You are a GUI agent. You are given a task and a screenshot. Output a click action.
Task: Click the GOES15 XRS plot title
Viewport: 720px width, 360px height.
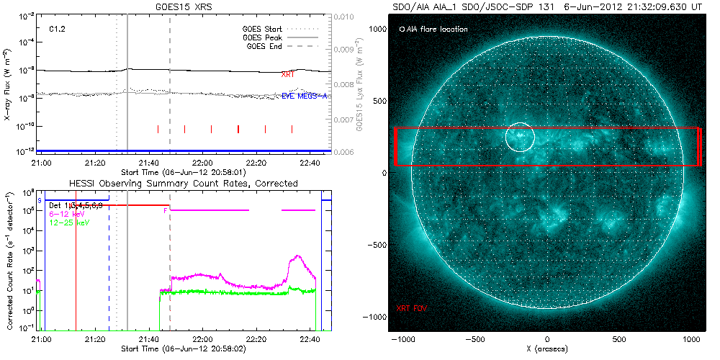[x=185, y=6]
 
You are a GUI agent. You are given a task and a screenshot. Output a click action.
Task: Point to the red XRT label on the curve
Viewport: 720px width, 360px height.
[x=288, y=74]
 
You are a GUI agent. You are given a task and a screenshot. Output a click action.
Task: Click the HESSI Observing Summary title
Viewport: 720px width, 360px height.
[x=183, y=184]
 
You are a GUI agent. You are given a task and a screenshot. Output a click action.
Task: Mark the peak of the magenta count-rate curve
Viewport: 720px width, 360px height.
[x=297, y=256]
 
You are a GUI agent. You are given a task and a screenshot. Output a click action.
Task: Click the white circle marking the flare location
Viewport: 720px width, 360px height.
[x=519, y=136]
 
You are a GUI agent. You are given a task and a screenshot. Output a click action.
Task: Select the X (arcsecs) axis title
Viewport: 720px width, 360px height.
[x=547, y=349]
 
